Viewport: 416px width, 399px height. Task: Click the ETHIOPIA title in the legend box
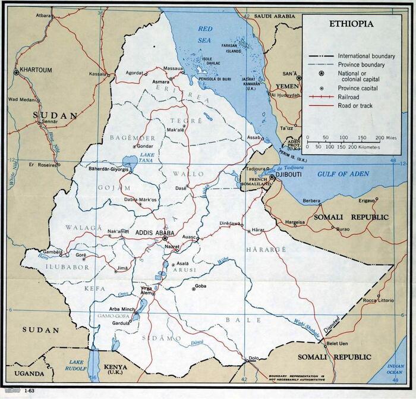pos(352,24)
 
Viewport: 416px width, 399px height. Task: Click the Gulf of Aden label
pos(346,174)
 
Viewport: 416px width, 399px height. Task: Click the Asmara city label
pos(159,81)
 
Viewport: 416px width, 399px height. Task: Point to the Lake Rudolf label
pos(77,365)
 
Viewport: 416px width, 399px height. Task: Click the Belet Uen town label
pos(337,344)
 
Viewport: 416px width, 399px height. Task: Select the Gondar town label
pos(145,146)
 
